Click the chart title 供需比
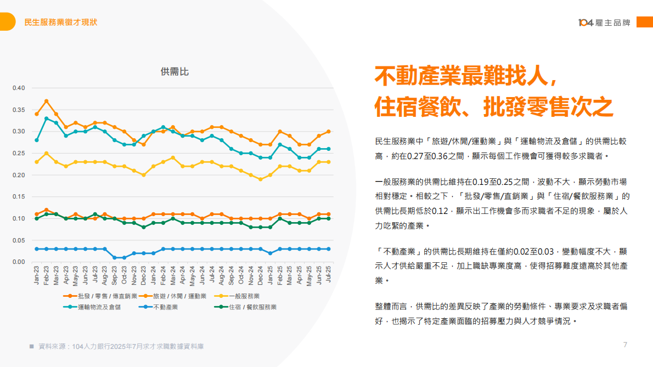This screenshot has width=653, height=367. [x=174, y=72]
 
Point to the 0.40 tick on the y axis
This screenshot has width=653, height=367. [x=19, y=88]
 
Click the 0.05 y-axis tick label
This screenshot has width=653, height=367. [x=19, y=240]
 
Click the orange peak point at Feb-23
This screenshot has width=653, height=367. [x=47, y=101]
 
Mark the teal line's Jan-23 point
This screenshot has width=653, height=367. [x=37, y=140]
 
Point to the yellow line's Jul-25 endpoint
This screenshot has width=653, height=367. [x=329, y=162]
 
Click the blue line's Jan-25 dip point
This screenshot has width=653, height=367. [x=270, y=253]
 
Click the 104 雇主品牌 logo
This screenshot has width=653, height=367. [x=604, y=22]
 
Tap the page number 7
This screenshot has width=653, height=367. [x=625, y=345]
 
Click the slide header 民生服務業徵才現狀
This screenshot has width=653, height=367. [x=61, y=22]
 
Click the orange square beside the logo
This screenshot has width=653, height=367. [x=644, y=22]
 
